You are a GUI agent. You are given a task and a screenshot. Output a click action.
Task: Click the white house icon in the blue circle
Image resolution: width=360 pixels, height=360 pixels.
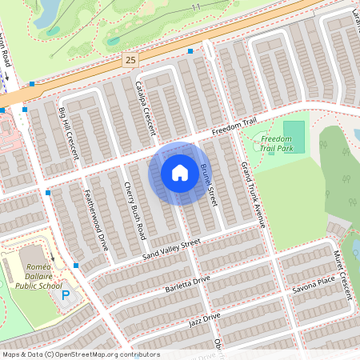point(180,172)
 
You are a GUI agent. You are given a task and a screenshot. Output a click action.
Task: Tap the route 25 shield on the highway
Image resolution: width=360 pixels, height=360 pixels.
point(131,60)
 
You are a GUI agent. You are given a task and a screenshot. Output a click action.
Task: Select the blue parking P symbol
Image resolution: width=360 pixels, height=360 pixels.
point(66,295)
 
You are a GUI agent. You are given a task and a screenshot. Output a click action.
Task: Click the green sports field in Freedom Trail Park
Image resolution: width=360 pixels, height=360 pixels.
point(294,133)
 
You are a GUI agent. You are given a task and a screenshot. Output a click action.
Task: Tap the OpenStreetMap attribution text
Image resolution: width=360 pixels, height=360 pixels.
point(81,354)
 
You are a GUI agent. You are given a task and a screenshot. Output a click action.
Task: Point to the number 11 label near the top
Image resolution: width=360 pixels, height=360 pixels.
point(197,6)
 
